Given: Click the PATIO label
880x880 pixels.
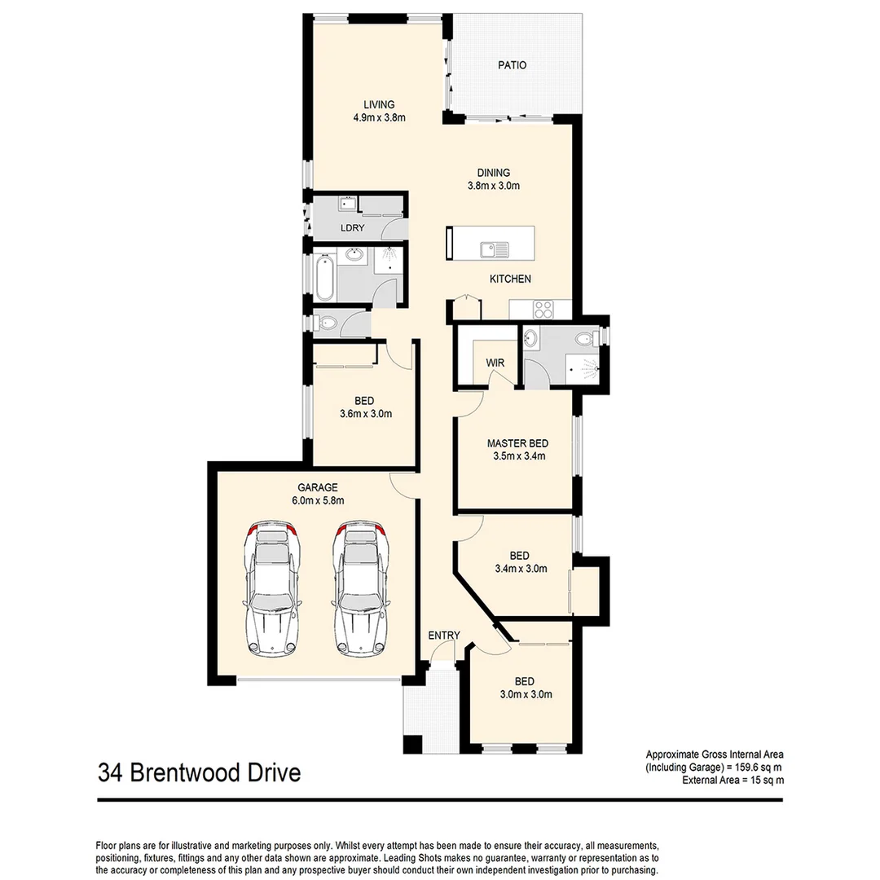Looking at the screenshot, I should (x=513, y=65).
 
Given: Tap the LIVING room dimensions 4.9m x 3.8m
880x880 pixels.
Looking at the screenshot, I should (x=379, y=117).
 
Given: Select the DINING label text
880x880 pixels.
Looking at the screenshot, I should (x=494, y=173).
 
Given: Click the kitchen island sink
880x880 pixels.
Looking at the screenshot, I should (x=493, y=248).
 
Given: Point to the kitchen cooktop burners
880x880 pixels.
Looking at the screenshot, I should (x=543, y=309).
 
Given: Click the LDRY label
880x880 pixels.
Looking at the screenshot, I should (x=352, y=228).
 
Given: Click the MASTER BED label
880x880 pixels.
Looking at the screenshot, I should (x=517, y=443).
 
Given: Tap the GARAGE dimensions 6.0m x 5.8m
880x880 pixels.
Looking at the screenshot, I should (x=318, y=501).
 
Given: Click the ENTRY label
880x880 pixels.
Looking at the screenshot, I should (x=444, y=636).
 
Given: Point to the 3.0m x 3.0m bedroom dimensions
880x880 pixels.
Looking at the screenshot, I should (x=526, y=695).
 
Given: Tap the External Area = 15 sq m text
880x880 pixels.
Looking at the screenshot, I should (x=733, y=780).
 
